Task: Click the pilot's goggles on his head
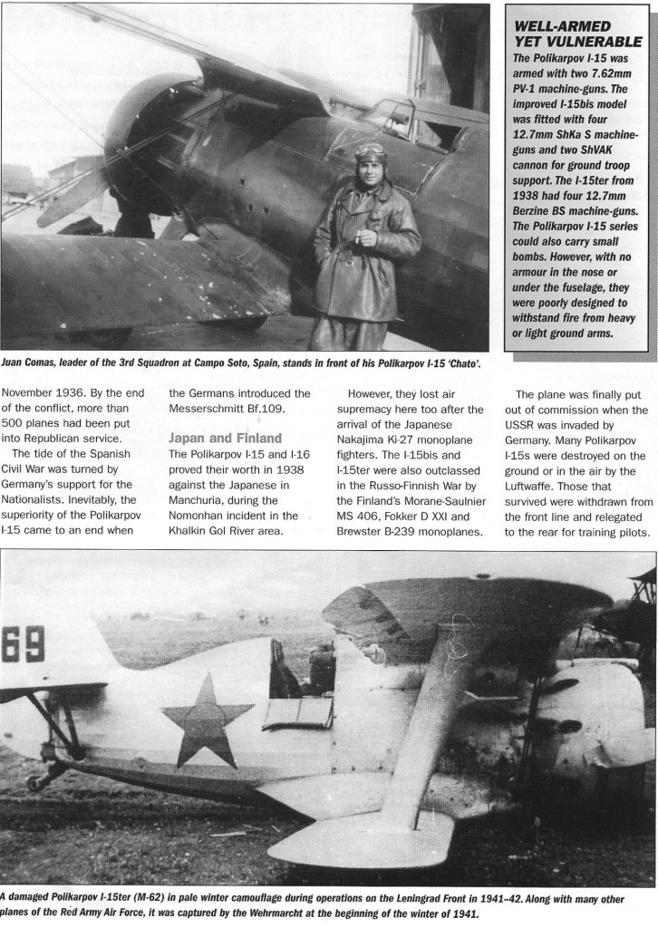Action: click(x=371, y=150)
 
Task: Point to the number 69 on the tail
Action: click(x=23, y=644)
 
